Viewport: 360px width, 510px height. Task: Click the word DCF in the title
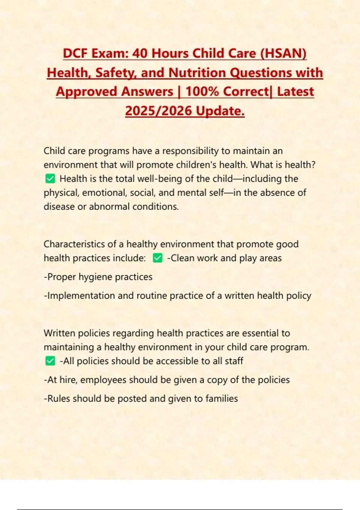click(x=75, y=53)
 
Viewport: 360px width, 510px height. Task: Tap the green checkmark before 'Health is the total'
click(x=50, y=179)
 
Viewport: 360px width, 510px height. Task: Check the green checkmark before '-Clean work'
click(x=158, y=258)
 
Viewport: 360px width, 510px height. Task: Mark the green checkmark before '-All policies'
click(x=50, y=361)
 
